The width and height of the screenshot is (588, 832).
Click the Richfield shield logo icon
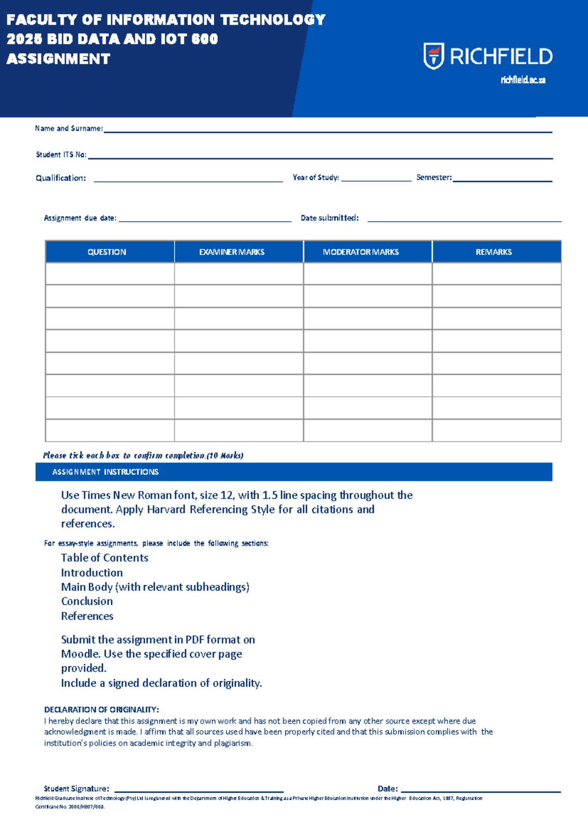(x=434, y=56)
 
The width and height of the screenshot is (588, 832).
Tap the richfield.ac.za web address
(x=523, y=80)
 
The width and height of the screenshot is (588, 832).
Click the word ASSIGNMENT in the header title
(x=58, y=59)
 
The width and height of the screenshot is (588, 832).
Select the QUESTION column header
(x=107, y=252)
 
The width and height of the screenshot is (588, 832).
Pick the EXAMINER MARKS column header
(x=232, y=252)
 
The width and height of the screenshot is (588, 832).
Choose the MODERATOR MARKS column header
(x=361, y=252)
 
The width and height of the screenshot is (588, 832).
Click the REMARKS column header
(x=493, y=252)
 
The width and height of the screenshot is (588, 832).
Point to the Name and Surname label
(x=69, y=129)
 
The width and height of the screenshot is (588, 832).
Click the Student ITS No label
(x=61, y=155)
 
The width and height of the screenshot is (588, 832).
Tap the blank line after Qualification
(x=188, y=180)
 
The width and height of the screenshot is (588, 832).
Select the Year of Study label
(x=316, y=178)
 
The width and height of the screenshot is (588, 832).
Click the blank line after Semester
(x=502, y=180)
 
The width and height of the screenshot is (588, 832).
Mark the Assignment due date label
(x=80, y=218)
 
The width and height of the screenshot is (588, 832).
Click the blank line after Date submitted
(x=464, y=220)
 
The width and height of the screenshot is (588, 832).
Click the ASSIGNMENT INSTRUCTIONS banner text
(x=105, y=472)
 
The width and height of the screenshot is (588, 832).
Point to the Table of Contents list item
(x=104, y=558)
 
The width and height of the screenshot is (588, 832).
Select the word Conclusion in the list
(x=87, y=601)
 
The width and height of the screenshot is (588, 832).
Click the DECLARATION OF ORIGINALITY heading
(x=101, y=710)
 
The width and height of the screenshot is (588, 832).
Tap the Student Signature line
(x=198, y=790)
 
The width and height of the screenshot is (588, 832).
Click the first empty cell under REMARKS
(x=496, y=274)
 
